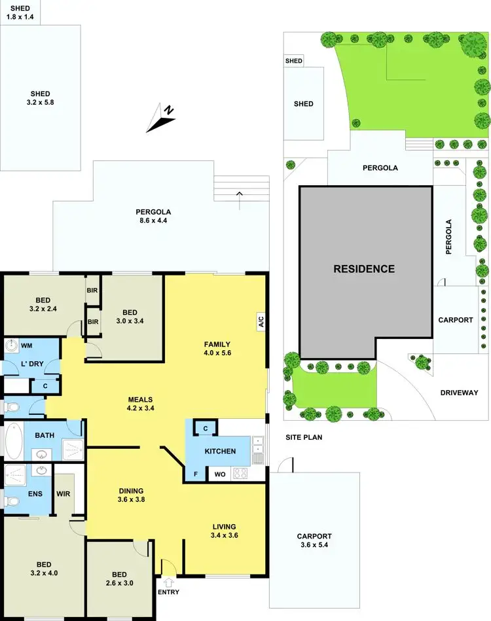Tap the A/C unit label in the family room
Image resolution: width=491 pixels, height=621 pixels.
[261, 321]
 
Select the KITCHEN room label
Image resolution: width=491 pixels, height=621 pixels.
[220, 452]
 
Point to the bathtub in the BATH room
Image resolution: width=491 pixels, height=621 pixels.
[13, 442]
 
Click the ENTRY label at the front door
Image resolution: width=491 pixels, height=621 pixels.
[168, 592]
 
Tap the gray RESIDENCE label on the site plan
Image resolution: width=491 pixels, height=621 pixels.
[364, 269]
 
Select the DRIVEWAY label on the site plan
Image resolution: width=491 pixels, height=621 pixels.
[464, 393]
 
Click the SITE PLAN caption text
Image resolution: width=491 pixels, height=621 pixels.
[304, 437]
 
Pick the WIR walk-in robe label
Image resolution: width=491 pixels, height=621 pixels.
[64, 494]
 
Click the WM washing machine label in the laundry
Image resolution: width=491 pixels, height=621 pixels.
[27, 345]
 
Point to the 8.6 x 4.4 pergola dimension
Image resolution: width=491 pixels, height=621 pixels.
[153, 221]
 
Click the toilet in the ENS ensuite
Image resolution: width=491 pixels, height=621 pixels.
[10, 501]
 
